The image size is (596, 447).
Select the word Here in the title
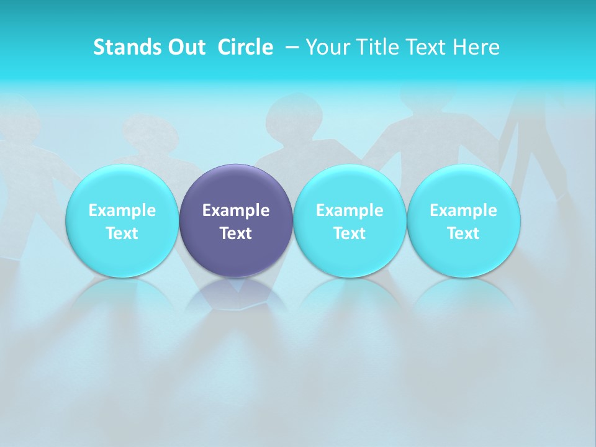click(x=477, y=47)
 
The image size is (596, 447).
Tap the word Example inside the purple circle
click(x=236, y=210)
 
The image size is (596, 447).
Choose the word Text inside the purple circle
click(x=236, y=233)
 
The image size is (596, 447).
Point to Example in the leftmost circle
click(x=122, y=210)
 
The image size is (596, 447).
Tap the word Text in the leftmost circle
click(x=122, y=233)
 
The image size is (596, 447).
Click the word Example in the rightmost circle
click(x=464, y=210)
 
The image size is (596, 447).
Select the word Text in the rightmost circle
click(x=464, y=233)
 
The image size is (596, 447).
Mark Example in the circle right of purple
click(x=350, y=210)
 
